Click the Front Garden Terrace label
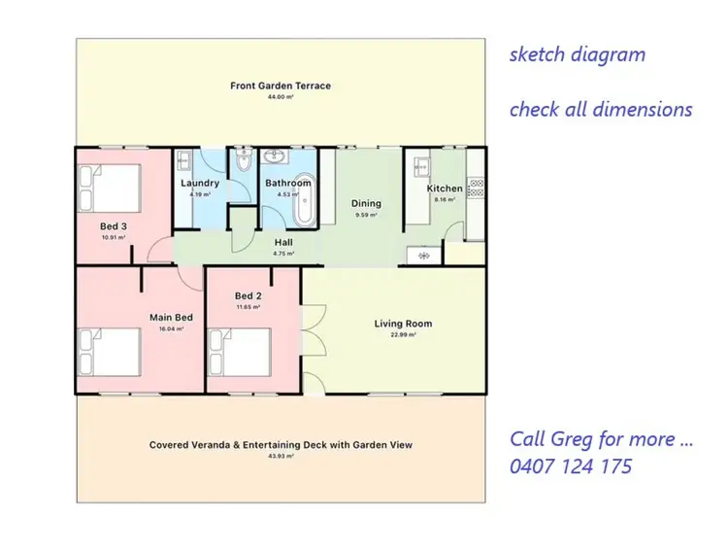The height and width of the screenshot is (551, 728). pos(280,86)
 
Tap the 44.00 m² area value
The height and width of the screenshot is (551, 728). pos(280,97)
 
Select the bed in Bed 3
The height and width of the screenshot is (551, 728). pos(110,187)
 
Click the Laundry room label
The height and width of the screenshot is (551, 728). pos(200,183)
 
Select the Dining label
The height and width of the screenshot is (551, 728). pos(367,204)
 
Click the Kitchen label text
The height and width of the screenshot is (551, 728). pos(445,189)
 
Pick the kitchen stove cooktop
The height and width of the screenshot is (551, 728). pos(475,185)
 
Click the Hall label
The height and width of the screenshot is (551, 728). pos(283,243)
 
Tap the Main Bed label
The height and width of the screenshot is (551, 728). pos(171,317)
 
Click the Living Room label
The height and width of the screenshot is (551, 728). pos(403,324)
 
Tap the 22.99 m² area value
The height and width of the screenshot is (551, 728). pos(403,335)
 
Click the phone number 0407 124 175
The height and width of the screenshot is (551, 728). pos(571,466)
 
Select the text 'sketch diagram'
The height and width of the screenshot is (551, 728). pos(577,54)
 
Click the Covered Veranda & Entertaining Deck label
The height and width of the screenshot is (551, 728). pos(281,445)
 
